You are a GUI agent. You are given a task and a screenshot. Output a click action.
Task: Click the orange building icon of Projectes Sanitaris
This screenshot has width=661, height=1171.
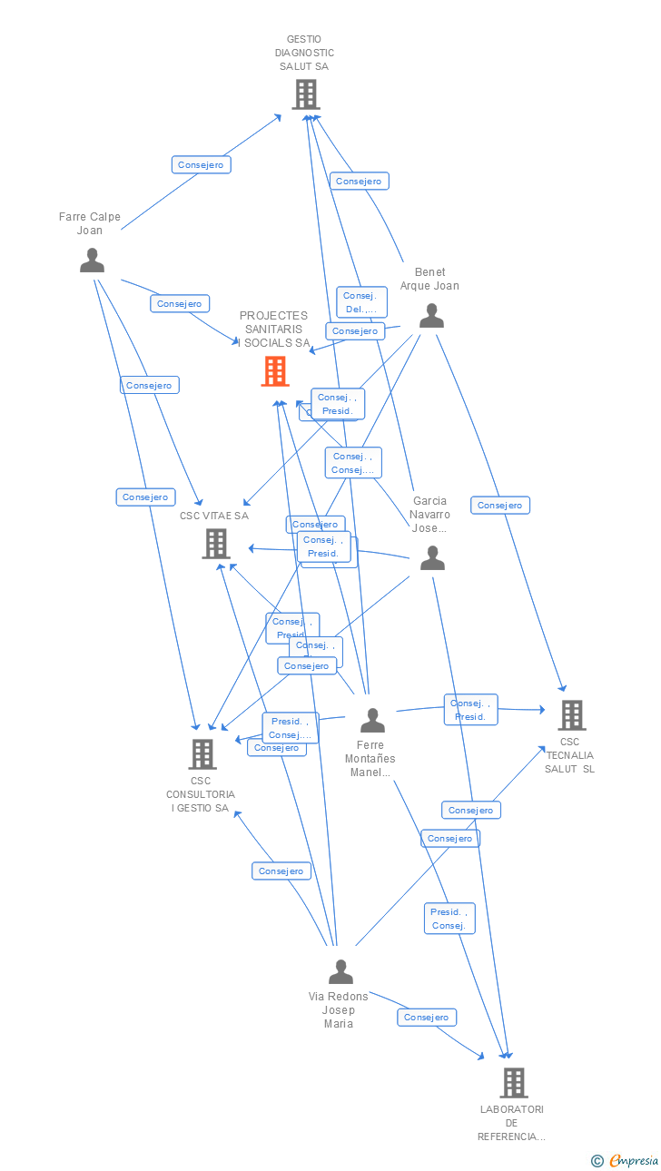pos(275,371)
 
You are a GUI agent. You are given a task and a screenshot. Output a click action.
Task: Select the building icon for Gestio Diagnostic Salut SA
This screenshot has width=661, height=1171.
pos(306,94)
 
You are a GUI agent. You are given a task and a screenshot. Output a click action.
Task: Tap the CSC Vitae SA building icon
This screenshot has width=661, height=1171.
pos(216,544)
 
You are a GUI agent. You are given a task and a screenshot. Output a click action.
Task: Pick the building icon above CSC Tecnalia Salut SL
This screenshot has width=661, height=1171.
pos(572,715)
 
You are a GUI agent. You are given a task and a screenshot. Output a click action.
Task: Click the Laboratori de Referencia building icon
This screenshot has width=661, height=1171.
pos(514,1082)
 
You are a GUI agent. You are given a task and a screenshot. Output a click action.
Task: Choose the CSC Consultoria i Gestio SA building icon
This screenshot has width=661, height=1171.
pos(202,753)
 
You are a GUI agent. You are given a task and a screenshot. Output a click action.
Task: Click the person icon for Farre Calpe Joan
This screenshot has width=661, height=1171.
pos(92,261)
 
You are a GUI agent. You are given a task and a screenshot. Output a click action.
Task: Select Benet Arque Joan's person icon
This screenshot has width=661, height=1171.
pos(431,316)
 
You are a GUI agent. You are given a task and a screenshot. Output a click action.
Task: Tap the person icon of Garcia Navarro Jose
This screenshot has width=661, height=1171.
pos(432,558)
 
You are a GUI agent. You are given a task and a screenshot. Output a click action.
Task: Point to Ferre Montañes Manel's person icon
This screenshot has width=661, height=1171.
pos(372,721)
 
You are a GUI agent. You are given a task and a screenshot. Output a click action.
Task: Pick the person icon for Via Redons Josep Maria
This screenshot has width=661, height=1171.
pos(340,972)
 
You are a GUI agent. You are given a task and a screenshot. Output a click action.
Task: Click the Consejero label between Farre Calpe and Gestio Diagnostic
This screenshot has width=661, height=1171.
pos(201,164)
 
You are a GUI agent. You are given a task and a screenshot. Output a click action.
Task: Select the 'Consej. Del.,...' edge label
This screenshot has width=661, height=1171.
pos(361,302)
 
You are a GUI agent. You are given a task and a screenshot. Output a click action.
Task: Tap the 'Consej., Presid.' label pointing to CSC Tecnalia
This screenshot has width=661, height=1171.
pos(470,710)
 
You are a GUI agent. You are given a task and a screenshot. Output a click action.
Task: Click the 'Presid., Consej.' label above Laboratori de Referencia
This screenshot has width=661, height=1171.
pos(449,919)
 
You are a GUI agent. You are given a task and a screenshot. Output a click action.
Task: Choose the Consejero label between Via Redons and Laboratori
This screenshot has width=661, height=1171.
pos(427,1018)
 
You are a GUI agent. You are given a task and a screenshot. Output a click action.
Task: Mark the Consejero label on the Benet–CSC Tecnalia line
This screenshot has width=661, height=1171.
pos(499,505)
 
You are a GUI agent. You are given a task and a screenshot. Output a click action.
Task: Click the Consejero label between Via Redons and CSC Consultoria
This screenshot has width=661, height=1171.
pos(281,871)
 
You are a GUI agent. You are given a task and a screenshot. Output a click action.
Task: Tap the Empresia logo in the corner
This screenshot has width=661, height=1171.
pos(626,1160)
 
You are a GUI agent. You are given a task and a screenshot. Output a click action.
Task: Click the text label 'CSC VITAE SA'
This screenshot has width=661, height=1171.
pos(213,516)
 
